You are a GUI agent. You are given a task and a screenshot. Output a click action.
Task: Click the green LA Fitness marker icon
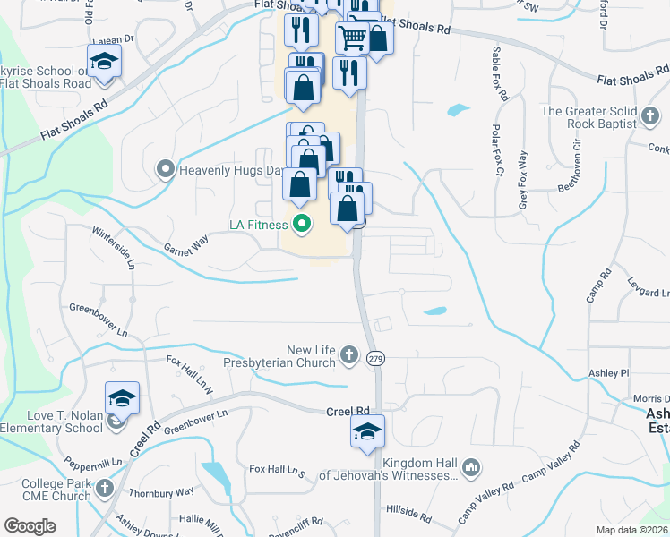302,224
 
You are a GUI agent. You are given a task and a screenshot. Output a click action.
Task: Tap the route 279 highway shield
376,358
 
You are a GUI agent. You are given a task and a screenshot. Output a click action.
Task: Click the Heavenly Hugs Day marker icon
165,169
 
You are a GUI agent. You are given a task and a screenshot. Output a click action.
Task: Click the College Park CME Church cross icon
105,489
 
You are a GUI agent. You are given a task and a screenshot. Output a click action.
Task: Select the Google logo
30,526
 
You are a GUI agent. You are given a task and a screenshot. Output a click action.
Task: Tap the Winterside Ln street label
113,248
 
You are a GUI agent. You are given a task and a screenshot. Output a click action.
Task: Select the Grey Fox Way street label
523,181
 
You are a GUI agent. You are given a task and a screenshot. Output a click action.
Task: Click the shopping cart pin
353,38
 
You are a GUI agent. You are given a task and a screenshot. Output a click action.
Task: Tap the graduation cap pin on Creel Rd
367,431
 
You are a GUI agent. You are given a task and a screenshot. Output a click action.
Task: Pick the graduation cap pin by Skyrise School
105,61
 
